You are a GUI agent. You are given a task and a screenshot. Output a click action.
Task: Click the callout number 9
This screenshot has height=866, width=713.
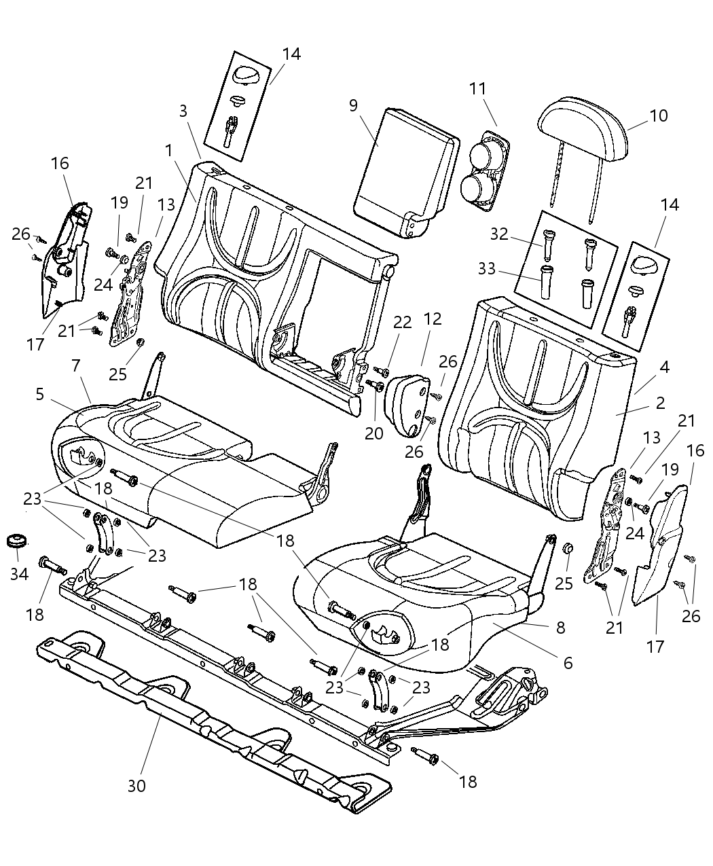[353, 105]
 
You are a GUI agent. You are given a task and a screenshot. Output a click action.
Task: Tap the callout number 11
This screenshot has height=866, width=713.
[478, 88]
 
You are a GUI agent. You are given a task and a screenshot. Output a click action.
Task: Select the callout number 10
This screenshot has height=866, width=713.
[658, 115]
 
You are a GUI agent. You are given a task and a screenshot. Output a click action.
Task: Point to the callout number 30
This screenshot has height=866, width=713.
[136, 785]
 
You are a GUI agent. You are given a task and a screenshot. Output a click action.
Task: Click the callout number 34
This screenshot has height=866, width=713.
[19, 575]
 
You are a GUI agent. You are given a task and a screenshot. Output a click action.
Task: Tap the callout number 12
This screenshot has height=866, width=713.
[433, 319]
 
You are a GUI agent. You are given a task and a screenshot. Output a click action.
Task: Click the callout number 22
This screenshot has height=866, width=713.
[403, 322]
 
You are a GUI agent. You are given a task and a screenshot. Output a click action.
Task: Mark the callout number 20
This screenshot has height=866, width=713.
[374, 433]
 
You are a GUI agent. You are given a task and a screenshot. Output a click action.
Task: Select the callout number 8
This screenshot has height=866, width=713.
[560, 628]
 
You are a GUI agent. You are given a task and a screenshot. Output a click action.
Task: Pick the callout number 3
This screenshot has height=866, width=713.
[183, 111]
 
